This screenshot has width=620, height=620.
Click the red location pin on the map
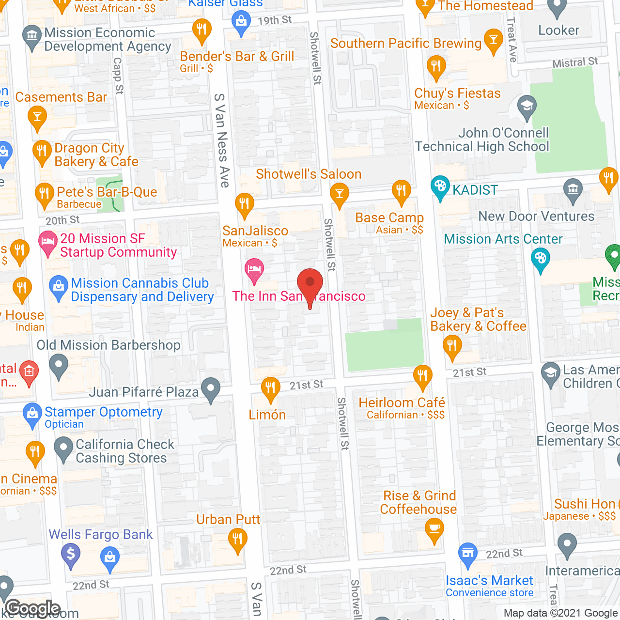[x=310, y=283]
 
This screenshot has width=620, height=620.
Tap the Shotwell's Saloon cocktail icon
[x=340, y=194]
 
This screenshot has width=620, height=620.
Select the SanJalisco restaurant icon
[x=245, y=204]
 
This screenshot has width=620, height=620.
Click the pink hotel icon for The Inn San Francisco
[x=254, y=269]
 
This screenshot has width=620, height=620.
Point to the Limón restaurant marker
[x=270, y=388]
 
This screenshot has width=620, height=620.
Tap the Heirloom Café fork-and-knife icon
[x=423, y=375]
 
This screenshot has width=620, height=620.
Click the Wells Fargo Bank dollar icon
[x=71, y=553]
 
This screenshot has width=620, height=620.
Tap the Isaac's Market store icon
[x=468, y=553]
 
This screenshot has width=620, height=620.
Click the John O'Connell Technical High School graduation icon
[x=527, y=106]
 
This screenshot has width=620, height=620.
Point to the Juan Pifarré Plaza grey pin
[x=211, y=388]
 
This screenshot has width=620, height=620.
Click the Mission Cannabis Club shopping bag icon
[x=59, y=287]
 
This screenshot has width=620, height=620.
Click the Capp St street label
[x=118, y=76]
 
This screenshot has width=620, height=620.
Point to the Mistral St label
[x=575, y=62]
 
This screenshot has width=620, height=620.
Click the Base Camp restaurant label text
[x=389, y=218]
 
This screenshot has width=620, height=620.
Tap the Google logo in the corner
[x=33, y=608]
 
